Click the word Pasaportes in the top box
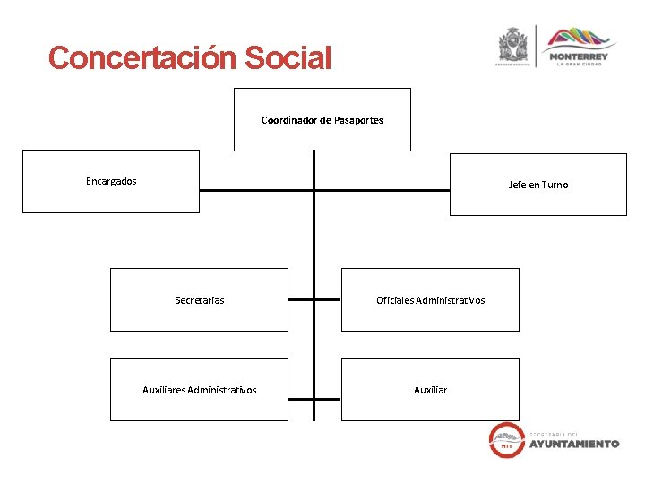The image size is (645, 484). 358,120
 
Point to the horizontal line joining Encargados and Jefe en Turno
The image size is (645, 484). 385,190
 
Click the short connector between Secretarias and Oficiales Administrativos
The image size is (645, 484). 314,300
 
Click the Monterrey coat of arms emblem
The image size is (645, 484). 514,46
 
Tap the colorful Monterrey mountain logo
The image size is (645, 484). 582,39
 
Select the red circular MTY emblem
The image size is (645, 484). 506,439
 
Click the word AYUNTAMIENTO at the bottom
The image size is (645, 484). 574,444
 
